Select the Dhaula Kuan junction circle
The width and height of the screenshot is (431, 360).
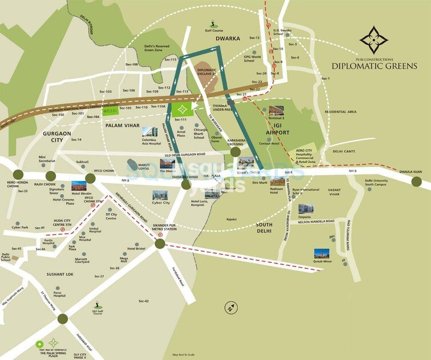[417, 181]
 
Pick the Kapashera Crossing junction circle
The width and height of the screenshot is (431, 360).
[235, 152]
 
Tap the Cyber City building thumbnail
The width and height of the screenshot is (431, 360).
[160, 195]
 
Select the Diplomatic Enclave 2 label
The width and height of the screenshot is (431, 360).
[206, 71]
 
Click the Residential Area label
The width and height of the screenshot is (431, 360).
[340, 112]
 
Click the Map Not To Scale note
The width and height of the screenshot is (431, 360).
[184, 354]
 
